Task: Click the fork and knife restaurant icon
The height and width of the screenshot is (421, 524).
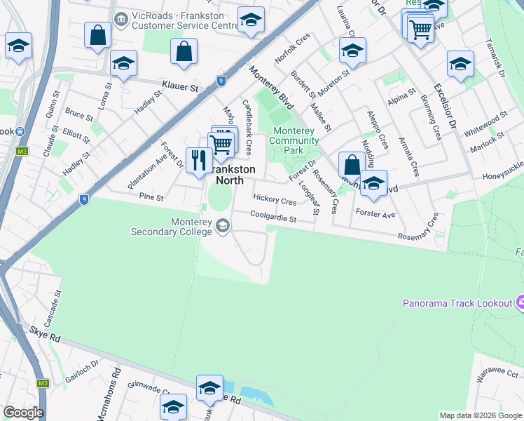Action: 198,160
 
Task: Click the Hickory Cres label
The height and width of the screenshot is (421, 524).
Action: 275,201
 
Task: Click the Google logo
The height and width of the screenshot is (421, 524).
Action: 22,413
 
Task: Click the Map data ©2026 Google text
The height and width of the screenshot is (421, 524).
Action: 481,415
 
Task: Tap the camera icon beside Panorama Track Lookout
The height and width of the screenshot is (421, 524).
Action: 520,303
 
